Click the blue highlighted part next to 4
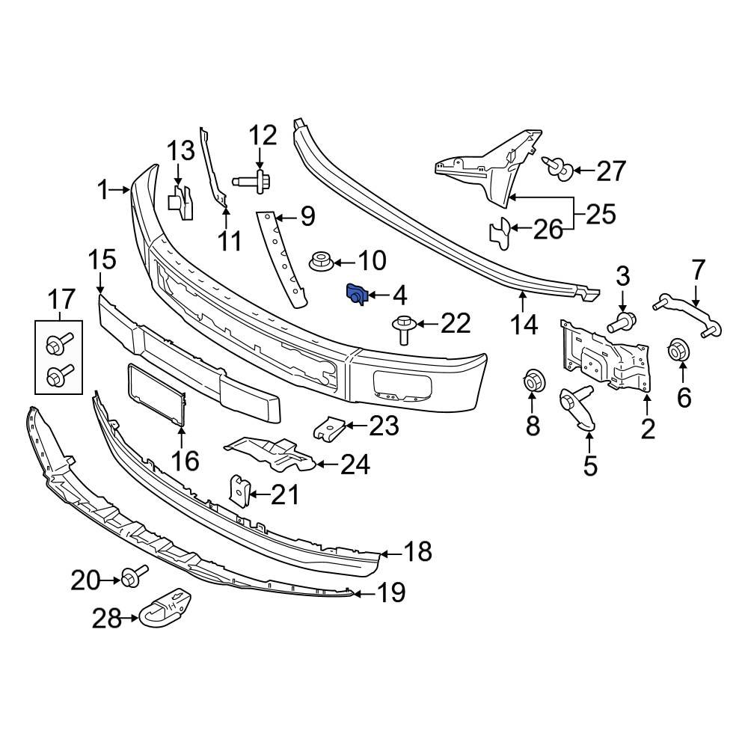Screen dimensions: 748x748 pos(355,295)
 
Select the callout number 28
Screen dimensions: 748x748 pos(106,618)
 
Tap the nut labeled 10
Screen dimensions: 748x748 pos(320,263)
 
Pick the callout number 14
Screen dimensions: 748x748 pos(524,325)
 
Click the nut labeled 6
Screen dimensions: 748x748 pos(678,350)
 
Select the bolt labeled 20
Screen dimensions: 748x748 pos(132,577)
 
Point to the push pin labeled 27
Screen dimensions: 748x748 pos(558,167)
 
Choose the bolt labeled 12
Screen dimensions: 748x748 pos(252,180)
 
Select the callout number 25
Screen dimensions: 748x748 pos(601,215)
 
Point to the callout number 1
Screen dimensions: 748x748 pos(104,190)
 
